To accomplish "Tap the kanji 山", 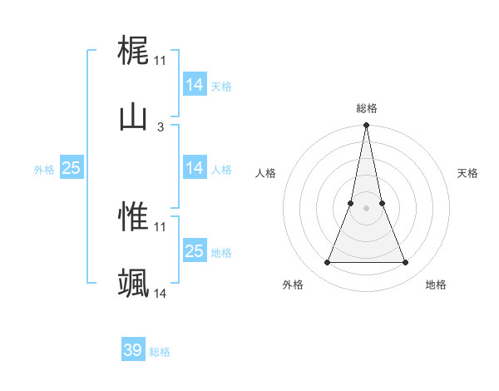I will tap(133, 117).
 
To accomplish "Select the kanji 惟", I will tap(133, 216).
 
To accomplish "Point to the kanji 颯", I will tap(133, 284).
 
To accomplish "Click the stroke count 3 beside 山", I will tap(161, 127).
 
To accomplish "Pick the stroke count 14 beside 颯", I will tap(161, 294).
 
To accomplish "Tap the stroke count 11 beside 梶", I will tap(161, 61).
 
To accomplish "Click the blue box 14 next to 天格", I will tap(194, 85).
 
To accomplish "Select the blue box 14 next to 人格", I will tap(194, 168).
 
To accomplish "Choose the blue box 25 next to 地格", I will tap(194, 251).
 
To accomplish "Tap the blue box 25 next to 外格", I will tap(72, 168).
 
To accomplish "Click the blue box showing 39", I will tap(133, 350).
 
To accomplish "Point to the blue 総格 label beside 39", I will tap(160, 352).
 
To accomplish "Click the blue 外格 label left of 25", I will tap(44, 169).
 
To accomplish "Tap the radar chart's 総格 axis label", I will tap(367, 108).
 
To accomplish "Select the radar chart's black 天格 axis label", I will tap(468, 173).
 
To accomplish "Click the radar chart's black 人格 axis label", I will tap(266, 173).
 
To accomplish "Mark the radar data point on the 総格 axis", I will tap(367, 126).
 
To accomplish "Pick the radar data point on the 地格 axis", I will tap(406, 263).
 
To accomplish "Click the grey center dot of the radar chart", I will tap(367, 209).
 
